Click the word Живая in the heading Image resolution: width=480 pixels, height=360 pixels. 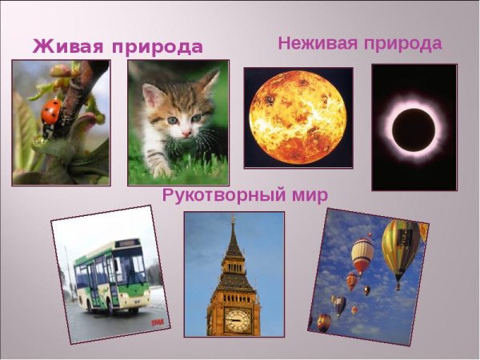(68, 46)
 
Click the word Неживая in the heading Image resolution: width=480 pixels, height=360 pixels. (315, 43)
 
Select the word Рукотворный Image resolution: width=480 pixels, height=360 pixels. (221, 194)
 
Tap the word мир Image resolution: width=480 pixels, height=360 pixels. (307, 194)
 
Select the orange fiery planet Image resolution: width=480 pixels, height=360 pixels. (298, 117)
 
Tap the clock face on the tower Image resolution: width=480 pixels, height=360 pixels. (237, 320)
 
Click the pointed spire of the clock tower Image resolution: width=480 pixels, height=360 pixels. (234, 236)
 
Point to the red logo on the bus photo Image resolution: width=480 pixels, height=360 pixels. (158, 322)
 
